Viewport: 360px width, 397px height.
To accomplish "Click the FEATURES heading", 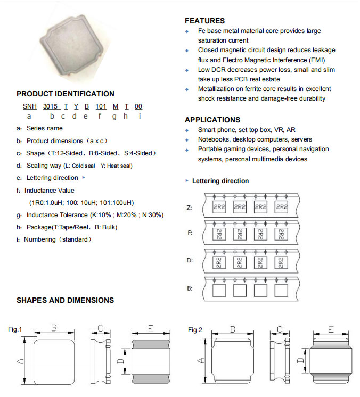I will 204,21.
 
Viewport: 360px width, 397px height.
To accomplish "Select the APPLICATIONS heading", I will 212,120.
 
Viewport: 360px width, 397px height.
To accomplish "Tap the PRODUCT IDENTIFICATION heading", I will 66,94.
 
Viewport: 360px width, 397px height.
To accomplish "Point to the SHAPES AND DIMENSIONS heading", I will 65,300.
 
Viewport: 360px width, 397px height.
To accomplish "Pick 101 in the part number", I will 101,106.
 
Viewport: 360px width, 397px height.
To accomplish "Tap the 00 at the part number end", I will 138,106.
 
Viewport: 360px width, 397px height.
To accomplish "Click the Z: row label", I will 190,207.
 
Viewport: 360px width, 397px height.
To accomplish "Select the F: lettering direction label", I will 190,233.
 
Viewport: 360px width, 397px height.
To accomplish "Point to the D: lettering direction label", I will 190,261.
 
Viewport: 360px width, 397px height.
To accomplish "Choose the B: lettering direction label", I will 190,289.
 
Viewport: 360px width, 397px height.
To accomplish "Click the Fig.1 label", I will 15,330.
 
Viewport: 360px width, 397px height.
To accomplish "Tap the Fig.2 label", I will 195,330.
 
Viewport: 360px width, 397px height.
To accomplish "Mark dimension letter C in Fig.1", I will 100,329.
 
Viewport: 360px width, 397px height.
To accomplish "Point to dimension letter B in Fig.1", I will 54,329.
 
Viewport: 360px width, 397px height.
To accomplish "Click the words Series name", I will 44,128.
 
